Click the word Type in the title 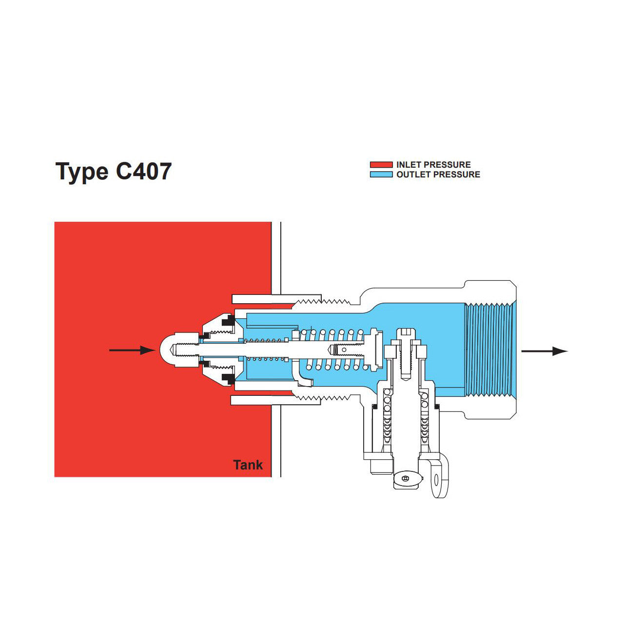[82, 172]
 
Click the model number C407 [144, 171]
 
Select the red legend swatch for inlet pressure [381, 165]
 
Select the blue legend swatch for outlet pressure [381, 175]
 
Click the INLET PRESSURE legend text [433, 165]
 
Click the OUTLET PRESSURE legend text [438, 175]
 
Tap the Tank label [248, 465]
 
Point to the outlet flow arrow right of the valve [544, 351]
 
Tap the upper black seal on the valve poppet [227, 321]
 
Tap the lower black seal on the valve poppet [227, 378]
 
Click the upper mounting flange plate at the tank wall [276, 298]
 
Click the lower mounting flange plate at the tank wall [276, 401]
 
